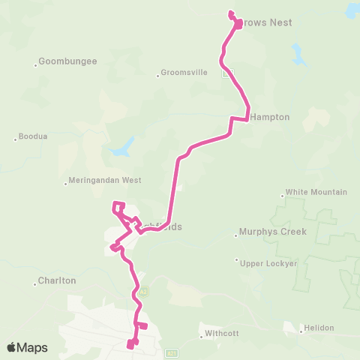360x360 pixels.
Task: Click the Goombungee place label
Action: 68,61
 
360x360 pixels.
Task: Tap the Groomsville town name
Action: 184,74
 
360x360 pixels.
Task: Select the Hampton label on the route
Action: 270,117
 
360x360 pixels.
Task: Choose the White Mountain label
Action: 316,192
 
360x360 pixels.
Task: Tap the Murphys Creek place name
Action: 273,232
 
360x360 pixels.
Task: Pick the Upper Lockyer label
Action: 268,263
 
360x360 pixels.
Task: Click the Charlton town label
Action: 58,280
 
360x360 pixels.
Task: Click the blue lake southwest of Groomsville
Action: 121,147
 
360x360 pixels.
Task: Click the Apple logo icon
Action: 12,347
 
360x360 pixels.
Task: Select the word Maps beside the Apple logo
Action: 33,347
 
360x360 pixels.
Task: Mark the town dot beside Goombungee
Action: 35,64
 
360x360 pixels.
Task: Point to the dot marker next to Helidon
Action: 298,328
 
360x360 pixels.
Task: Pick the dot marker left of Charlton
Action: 36,283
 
